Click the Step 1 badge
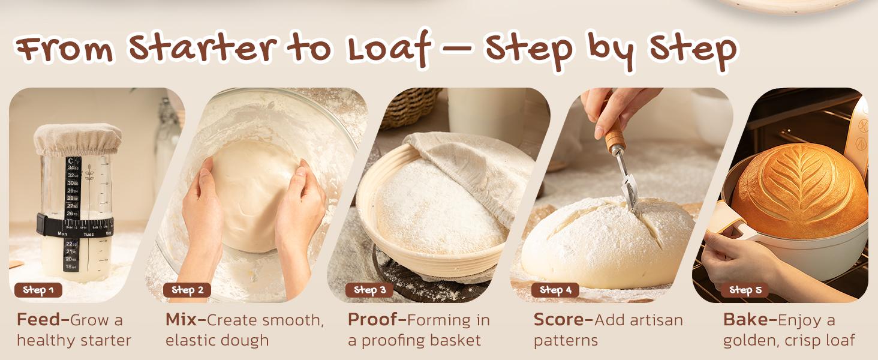[38, 290]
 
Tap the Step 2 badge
[187, 290]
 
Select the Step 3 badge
[369, 290]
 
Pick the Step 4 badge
[555, 290]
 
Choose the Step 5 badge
[745, 290]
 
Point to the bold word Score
[560, 320]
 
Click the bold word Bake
[747, 320]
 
